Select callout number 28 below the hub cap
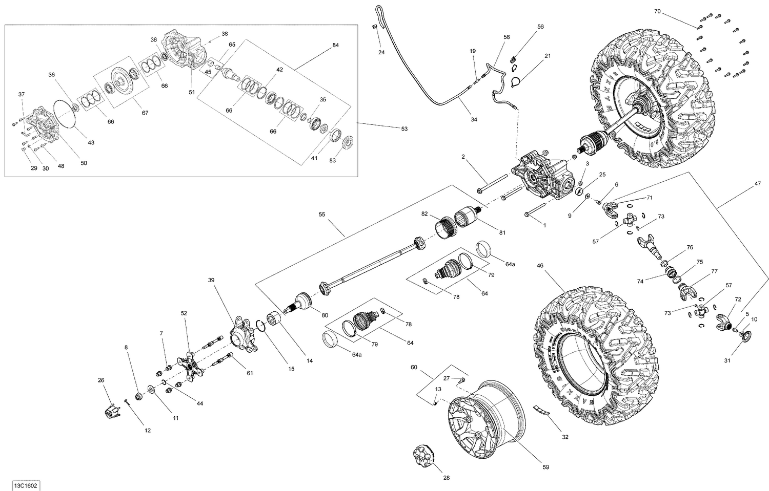(x=446, y=478)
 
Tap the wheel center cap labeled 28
(x=424, y=454)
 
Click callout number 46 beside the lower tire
(x=540, y=266)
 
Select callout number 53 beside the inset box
(x=404, y=129)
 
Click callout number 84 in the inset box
(x=335, y=45)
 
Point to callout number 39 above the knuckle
(x=211, y=280)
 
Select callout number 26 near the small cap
(x=100, y=380)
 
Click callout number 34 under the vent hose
(x=474, y=119)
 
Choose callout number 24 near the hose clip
(x=381, y=52)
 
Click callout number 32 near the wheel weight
(x=565, y=437)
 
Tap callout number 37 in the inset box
(x=21, y=94)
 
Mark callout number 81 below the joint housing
(x=502, y=232)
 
